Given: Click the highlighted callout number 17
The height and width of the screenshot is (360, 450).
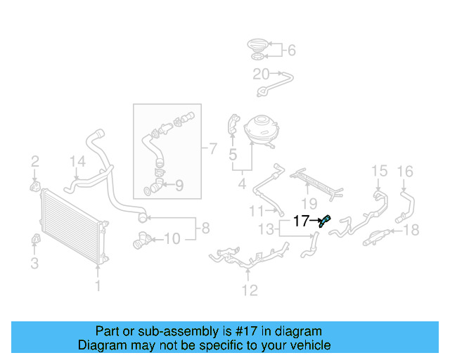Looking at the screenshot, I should coord(301,221).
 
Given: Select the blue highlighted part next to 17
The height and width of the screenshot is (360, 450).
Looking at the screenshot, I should coord(325,221).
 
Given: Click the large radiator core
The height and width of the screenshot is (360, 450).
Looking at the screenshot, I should coord(70,225).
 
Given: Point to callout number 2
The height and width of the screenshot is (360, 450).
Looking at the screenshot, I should coord(34,163).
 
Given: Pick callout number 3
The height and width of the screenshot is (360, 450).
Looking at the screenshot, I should coord(34,264).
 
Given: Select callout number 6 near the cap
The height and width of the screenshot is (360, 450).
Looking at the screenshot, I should coord(291,50).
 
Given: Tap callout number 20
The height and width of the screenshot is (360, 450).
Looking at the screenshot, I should coord(261,75).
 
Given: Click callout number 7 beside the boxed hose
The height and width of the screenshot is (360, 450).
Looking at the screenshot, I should coord(213,148).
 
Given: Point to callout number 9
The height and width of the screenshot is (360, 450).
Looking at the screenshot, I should coord(179,186).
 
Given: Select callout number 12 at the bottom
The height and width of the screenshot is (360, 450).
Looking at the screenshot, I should coord(249,290).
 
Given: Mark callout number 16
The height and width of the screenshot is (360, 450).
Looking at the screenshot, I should coord(405,171).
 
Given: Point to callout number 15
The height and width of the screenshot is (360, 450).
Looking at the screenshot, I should coord(379,171).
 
